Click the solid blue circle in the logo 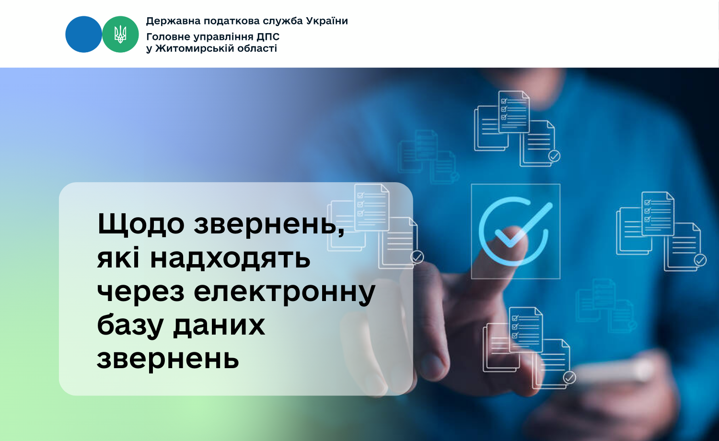pos(83,35)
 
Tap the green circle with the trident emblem pos(120,35)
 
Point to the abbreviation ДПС pos(267,37)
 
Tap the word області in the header pos(257,48)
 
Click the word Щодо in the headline pos(141,224)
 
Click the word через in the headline pos(140,292)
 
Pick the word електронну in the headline pos(284,292)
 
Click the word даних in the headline pos(219,327)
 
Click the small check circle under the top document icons pos(554,156)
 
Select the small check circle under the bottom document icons pos(569,378)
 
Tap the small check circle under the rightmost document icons pos(700,260)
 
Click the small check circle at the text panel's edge pos(417,257)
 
